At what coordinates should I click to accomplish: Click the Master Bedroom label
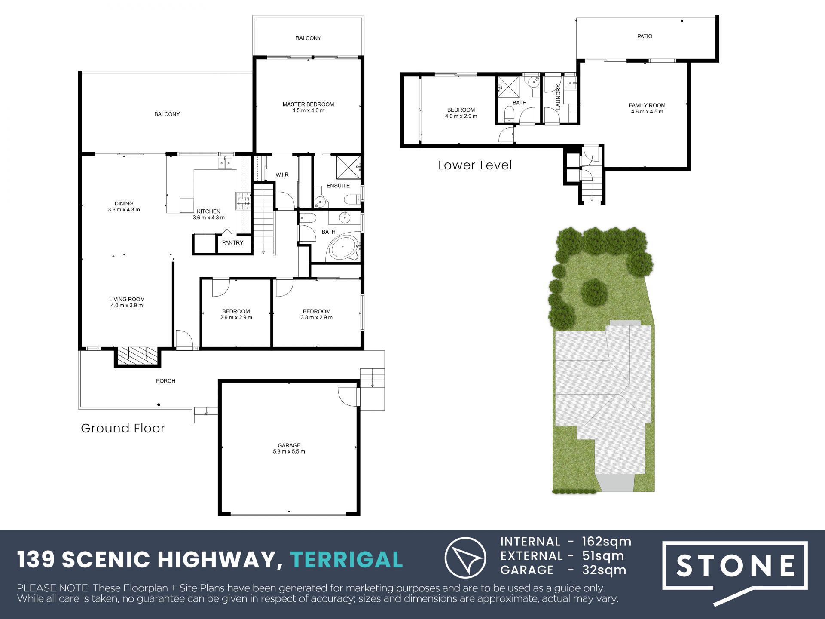point(308,104)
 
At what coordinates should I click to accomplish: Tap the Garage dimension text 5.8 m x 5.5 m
point(289,452)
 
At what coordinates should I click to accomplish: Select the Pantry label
point(232,243)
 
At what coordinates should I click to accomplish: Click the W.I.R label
point(282,175)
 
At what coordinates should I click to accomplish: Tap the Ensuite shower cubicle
point(348,168)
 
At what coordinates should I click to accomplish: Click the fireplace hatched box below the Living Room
point(137,356)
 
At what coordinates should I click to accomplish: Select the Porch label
point(166,381)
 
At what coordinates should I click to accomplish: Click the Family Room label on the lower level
point(647,105)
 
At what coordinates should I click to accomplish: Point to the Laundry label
point(558,97)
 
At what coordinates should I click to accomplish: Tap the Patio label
point(645,37)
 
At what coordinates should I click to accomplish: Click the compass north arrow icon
point(465,558)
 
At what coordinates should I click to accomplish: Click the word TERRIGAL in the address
point(347,560)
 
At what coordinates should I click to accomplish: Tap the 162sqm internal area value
point(606,542)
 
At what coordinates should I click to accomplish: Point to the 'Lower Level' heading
point(475,165)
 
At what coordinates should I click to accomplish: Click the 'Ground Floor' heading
point(123,428)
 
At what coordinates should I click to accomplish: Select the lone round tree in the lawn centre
point(594,292)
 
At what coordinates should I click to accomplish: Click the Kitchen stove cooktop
point(243,201)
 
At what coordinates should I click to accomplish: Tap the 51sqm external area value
point(603,556)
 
